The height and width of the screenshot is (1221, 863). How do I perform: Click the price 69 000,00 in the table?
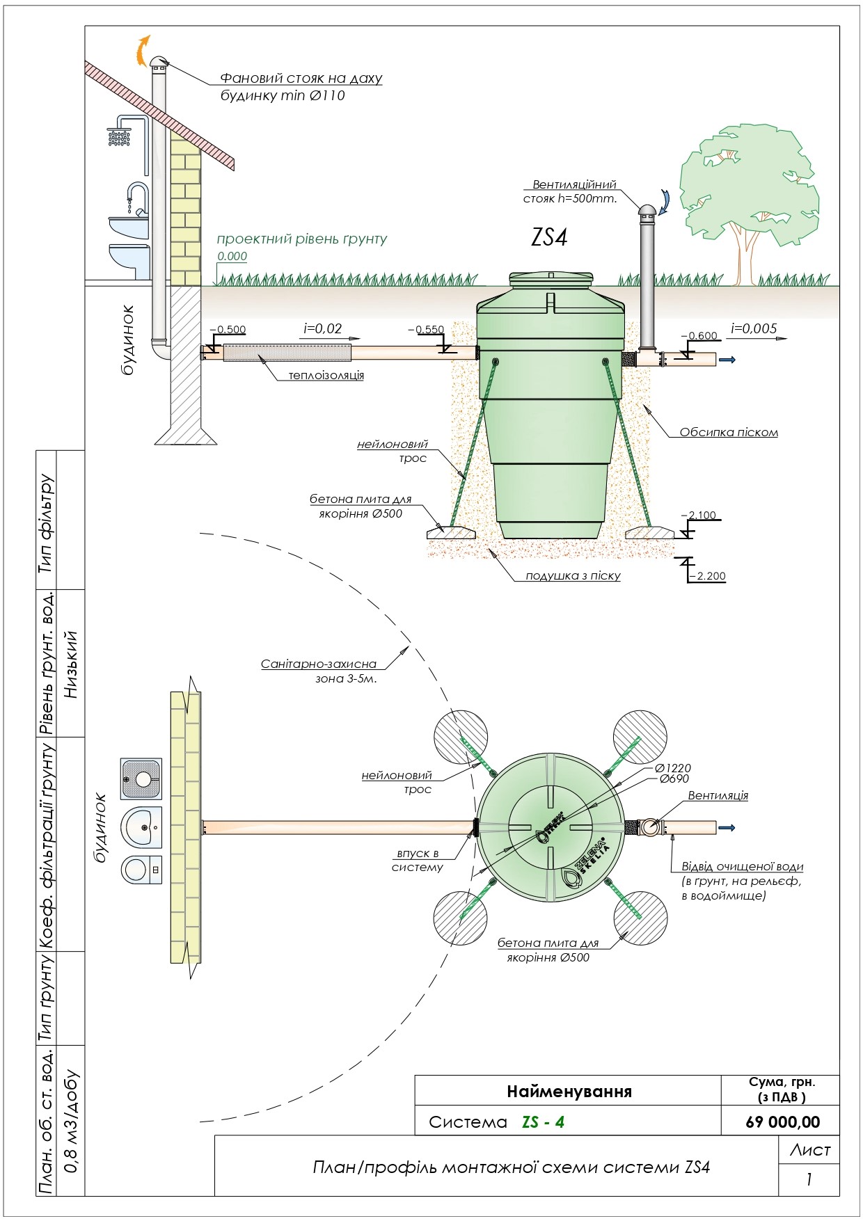(782, 1122)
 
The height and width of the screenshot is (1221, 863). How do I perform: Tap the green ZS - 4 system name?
(543, 1122)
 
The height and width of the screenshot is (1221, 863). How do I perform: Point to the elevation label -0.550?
(426, 330)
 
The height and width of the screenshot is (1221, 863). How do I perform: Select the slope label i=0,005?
(754, 328)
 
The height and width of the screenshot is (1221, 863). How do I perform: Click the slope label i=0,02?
(323, 328)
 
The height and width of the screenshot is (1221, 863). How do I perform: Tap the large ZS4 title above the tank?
(549, 237)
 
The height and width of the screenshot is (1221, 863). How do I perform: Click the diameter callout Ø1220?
(673, 768)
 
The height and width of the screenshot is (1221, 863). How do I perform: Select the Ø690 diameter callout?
(674, 779)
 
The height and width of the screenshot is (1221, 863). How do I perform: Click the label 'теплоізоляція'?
(326, 376)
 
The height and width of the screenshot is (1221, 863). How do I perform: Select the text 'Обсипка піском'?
(729, 432)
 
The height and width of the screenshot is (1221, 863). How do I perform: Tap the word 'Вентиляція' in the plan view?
(718, 795)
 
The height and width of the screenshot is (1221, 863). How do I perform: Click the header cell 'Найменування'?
(569, 1091)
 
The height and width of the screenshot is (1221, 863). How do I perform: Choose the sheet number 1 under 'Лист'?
(809, 1179)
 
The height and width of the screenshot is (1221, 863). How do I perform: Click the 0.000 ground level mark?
(232, 256)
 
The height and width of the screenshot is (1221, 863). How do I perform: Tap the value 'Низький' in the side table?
(71, 664)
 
